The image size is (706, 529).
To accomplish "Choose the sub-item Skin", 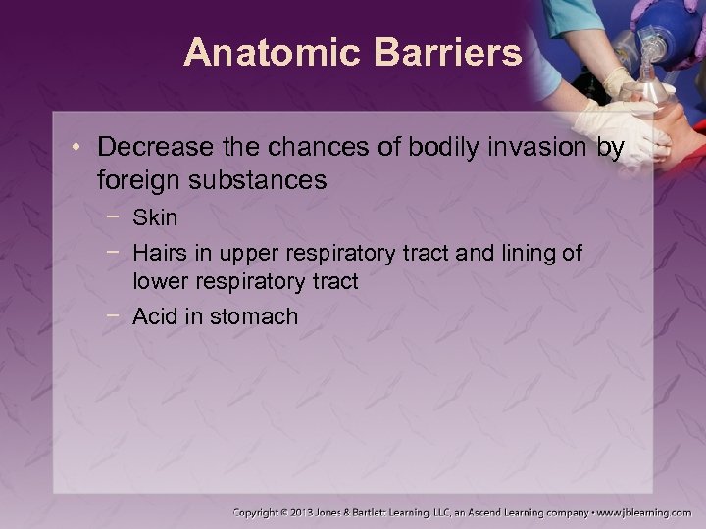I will pos(155,217).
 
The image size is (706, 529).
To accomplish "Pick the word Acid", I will pos(154,316).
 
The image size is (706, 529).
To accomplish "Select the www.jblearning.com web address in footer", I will pos(644,511).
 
